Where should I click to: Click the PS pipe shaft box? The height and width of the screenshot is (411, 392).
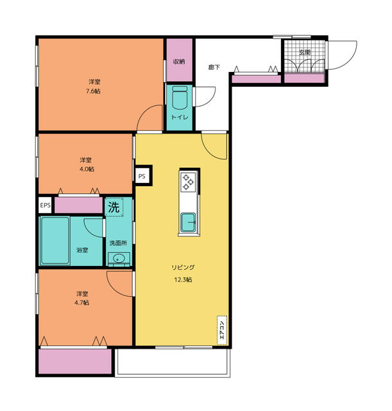(142, 176)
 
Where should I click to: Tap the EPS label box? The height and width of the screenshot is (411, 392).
(46, 205)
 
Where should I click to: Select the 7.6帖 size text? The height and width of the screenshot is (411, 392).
(94, 91)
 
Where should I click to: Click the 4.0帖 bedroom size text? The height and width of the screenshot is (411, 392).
(87, 169)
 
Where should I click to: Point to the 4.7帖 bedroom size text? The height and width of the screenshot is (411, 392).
(81, 302)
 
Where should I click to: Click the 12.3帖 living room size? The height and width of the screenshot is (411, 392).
(183, 280)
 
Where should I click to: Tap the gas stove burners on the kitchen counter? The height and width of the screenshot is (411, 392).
(188, 182)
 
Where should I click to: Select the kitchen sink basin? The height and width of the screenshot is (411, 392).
(188, 223)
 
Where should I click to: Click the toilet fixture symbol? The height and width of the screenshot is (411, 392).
(180, 97)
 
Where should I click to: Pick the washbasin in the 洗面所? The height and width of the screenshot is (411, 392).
(119, 258)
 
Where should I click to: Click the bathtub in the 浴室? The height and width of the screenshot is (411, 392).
(55, 241)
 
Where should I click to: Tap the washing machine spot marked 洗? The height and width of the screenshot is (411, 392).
(114, 207)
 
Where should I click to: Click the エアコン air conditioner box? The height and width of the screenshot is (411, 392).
(222, 330)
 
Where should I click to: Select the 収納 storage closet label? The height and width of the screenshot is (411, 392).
(179, 62)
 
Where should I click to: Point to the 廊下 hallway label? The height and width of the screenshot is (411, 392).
(214, 67)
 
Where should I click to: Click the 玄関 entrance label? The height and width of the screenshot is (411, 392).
(305, 52)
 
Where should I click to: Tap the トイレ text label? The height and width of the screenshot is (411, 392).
(180, 117)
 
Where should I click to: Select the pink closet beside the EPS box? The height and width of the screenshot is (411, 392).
(78, 205)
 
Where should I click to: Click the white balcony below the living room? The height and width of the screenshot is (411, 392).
(173, 362)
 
